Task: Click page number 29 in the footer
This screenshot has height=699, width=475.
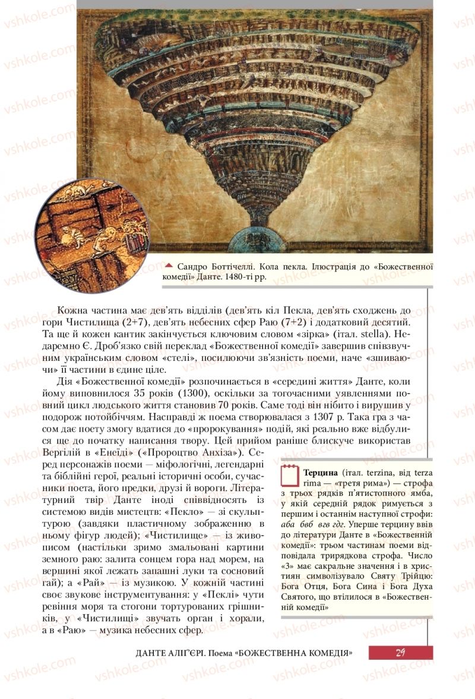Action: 400,653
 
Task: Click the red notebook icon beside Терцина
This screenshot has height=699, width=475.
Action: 289,477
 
